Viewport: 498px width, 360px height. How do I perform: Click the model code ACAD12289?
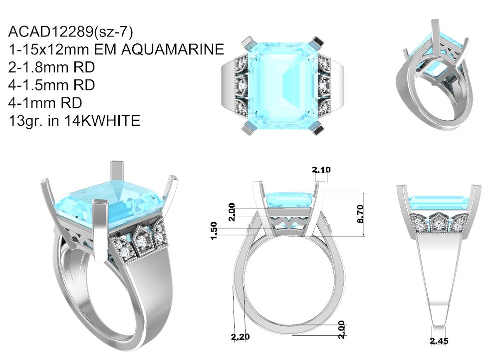[50, 31]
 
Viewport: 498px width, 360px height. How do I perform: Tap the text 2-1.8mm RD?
[51, 67]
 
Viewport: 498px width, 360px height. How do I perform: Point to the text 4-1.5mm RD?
[51, 85]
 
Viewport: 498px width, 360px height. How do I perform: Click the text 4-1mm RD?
[45, 103]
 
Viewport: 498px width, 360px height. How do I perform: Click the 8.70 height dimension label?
[360, 214]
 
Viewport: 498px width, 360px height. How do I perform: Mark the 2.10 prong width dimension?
[321, 170]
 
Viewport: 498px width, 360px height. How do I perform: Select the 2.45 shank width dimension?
[439, 341]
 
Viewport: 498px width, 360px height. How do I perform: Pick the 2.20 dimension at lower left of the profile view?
[240, 337]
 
